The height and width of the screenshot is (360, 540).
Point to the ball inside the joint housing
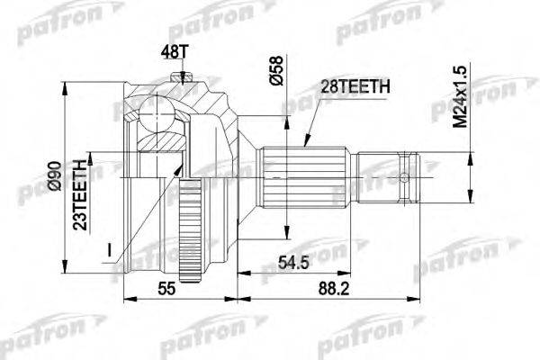point(159,115)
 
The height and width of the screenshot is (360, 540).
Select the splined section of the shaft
point(302,175)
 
